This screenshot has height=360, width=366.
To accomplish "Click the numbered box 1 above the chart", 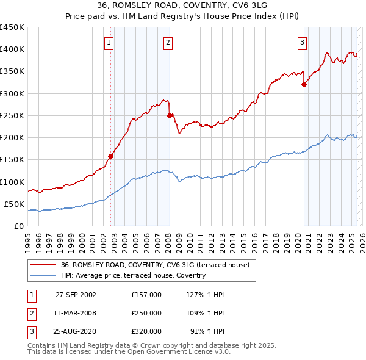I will [x=108, y=42].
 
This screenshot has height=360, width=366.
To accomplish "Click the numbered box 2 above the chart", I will [x=167, y=42].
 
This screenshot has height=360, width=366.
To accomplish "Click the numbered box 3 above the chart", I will [x=302, y=42].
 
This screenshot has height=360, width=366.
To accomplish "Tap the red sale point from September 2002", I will [x=111, y=156].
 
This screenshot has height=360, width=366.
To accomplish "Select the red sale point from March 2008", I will [x=170, y=115].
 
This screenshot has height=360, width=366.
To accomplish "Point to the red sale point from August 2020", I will [x=304, y=85].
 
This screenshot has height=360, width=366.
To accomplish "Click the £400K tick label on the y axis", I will [x=12, y=49].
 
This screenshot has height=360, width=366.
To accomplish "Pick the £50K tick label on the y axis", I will [x=14, y=204].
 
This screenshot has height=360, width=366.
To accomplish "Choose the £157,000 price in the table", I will [x=146, y=295].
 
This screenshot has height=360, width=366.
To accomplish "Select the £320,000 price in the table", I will [x=146, y=331].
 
